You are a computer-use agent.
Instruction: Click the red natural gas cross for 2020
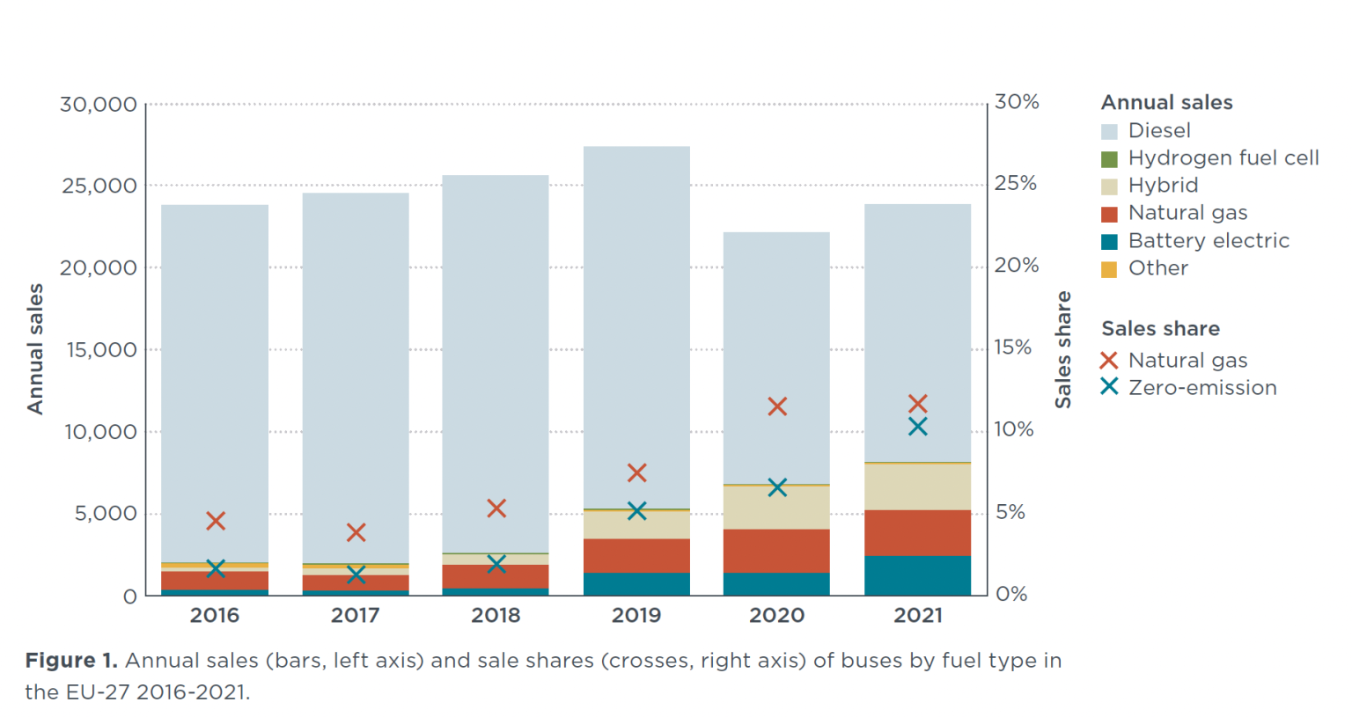tap(776, 406)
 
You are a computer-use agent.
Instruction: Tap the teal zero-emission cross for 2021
tap(917, 427)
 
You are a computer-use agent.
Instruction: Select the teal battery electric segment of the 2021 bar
tap(917, 575)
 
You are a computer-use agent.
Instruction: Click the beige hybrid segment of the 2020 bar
tap(776, 508)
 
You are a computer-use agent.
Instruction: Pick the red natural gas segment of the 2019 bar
tap(636, 556)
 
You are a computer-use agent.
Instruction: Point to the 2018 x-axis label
tap(496, 616)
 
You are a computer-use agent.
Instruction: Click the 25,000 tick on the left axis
tap(99, 187)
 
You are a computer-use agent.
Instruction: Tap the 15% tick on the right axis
tap(1012, 348)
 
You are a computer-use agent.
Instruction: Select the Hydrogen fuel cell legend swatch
tap(1109, 159)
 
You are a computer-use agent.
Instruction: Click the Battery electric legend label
tap(1209, 241)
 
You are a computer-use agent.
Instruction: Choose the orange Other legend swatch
tap(1109, 269)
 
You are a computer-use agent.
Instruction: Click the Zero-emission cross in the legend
tap(1109, 387)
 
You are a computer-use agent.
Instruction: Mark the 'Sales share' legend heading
tap(1160, 329)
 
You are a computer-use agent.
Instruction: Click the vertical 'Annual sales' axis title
tap(35, 348)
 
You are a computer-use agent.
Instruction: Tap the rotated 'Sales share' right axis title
tap(1063, 349)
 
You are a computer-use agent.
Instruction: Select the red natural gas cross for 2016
tap(216, 521)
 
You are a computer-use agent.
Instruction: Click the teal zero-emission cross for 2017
tap(356, 575)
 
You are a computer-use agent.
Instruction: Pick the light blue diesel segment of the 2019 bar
tap(636, 326)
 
